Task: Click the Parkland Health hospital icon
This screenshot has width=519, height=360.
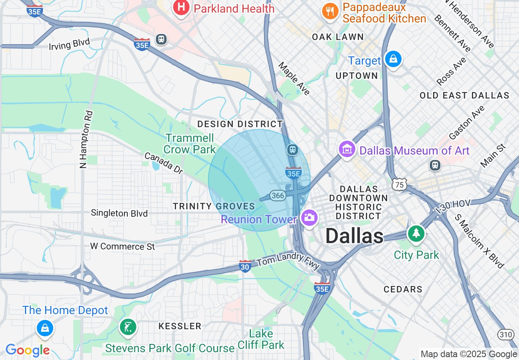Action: click(x=181, y=8)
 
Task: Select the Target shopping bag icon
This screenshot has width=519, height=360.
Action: click(x=393, y=59)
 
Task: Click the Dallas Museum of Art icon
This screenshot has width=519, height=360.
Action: click(x=347, y=150)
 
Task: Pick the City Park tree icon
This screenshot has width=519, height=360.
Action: click(x=416, y=233)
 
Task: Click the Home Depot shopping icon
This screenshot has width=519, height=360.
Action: click(x=45, y=328)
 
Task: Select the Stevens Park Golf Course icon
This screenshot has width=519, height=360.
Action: click(x=128, y=327)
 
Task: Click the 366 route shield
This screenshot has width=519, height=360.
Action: click(x=278, y=196)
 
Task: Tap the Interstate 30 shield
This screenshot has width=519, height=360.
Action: click(x=245, y=266)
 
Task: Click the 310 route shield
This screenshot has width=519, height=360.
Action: click(x=506, y=335)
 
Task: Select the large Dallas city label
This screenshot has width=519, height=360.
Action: click(x=354, y=236)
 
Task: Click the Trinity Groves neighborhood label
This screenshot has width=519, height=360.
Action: click(x=214, y=206)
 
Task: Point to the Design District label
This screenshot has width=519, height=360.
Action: click(x=240, y=124)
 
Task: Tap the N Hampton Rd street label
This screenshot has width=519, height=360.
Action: click(x=84, y=139)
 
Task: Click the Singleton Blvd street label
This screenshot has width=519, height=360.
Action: click(x=119, y=213)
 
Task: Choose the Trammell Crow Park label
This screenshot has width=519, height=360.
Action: click(x=190, y=144)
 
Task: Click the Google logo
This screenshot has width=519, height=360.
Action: click(x=27, y=350)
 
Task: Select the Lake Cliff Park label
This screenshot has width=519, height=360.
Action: click(x=261, y=339)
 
